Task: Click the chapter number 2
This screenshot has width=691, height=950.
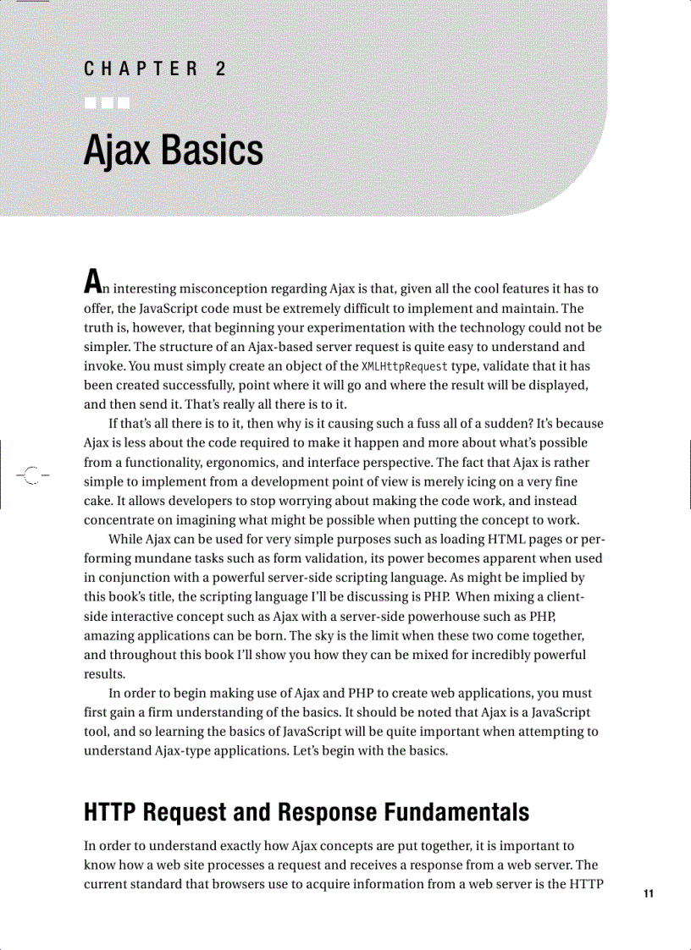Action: click(221, 69)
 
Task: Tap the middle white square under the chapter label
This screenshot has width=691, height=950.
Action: click(107, 104)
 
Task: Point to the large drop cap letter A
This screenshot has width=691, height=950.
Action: click(93, 280)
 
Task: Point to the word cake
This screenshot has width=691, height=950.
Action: click(98, 500)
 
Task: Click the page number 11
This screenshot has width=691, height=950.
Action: click(649, 893)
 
